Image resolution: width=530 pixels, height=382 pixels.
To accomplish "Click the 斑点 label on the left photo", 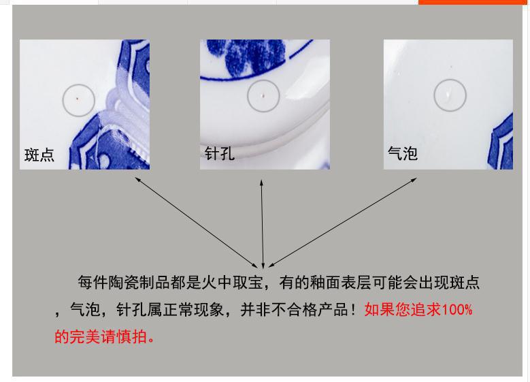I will pos(39,155).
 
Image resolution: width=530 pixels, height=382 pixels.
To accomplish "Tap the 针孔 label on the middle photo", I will pos(220,153).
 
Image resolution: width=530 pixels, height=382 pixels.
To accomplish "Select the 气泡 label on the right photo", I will pos(402,153).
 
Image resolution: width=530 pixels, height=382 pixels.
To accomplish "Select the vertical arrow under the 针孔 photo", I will pos(263,221).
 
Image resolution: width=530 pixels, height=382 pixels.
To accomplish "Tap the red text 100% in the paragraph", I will pos(457,310).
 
